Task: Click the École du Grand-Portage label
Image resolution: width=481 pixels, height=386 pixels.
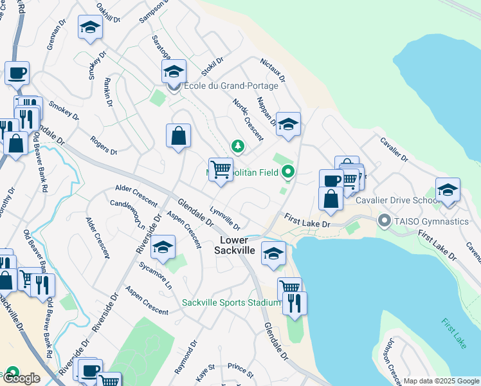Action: coord(231,86)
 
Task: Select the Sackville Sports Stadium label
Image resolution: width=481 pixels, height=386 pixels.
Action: coord(231,302)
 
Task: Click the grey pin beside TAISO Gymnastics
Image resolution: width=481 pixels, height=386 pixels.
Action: coord(385,221)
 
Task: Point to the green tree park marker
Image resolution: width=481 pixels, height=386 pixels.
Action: coord(238,147)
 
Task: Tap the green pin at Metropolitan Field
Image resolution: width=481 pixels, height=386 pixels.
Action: coord(288,171)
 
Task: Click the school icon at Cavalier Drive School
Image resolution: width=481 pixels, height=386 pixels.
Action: coord(448,190)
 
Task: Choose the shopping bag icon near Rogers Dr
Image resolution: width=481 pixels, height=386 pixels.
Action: coord(179,136)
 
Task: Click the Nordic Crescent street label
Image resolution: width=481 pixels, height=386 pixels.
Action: coord(247,120)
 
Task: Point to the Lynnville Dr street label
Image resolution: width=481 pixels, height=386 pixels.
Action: coord(225,219)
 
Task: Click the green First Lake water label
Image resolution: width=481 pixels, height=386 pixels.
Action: coord(454,333)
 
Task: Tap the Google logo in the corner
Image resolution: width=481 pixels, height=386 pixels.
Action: coord(21,378)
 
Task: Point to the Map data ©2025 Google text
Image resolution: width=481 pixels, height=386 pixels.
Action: coord(440,381)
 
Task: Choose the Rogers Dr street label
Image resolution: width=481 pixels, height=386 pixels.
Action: coord(104,145)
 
